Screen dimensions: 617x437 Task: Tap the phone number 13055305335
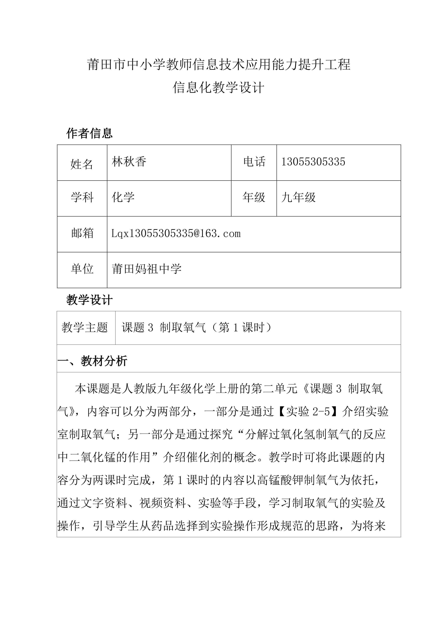313,162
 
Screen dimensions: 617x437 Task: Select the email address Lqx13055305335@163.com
176,233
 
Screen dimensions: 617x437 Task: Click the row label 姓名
81,164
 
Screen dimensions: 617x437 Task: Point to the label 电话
254,162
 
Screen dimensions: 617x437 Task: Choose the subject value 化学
123,198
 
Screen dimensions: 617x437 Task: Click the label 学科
82,198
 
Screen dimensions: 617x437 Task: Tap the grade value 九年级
298,198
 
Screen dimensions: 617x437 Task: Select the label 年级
254,198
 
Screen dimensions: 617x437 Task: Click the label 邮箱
82,233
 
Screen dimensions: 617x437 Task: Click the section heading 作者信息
89,133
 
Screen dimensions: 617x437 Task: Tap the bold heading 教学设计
89,300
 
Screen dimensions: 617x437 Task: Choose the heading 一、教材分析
92,361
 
